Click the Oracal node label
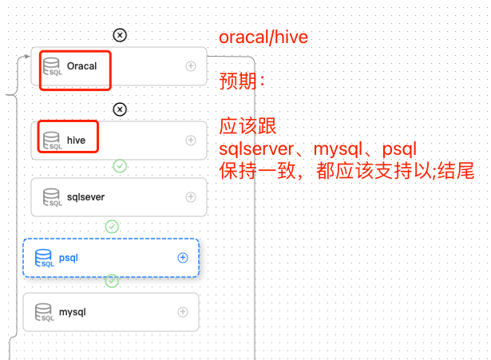[x=81, y=66]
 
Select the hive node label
[x=76, y=140]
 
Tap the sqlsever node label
[x=85, y=196]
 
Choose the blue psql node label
[x=69, y=257]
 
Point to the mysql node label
[x=72, y=312]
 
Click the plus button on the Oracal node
[x=191, y=66]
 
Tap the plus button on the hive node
[x=191, y=140]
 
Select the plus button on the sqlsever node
[x=191, y=196]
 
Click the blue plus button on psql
[x=182, y=257]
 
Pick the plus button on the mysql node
[x=183, y=312]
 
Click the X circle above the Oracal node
[x=119, y=35]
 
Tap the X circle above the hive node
[x=119, y=109]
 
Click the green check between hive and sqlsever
[x=120, y=166]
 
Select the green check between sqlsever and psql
[x=112, y=226]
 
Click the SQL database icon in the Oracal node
[x=53, y=67]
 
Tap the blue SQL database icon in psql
[x=45, y=258]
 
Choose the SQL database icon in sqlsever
[x=53, y=197]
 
